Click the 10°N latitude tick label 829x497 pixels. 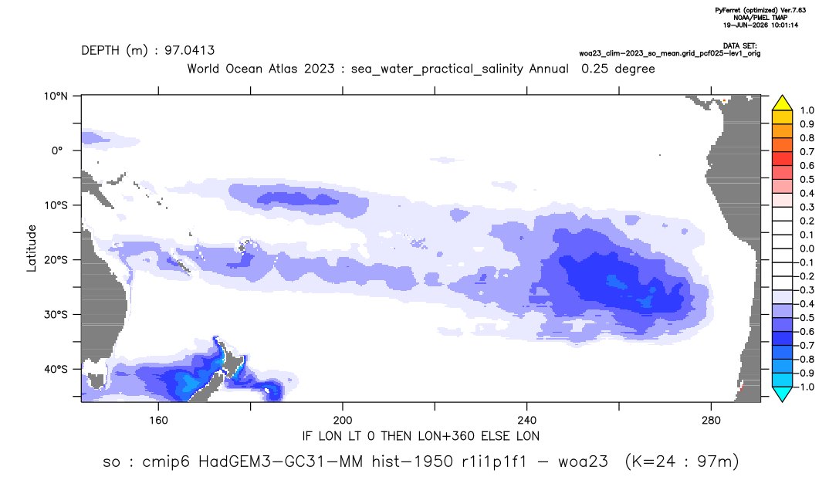click(x=56, y=96)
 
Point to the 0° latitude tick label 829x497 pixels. click(x=57, y=150)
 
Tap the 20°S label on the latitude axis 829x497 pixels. click(x=56, y=260)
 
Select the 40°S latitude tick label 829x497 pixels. click(x=56, y=369)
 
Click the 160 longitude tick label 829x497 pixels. click(x=158, y=421)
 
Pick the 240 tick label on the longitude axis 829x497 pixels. click(x=527, y=421)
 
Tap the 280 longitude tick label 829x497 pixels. click(x=711, y=421)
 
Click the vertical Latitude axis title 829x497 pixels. click(x=32, y=248)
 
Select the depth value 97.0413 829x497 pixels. click(x=190, y=50)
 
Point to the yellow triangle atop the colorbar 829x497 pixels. click(x=782, y=103)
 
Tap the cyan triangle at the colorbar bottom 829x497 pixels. click(x=782, y=394)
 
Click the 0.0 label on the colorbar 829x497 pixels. click(x=807, y=249)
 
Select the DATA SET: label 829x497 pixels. click(x=740, y=46)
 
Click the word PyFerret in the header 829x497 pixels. click(x=727, y=11)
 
